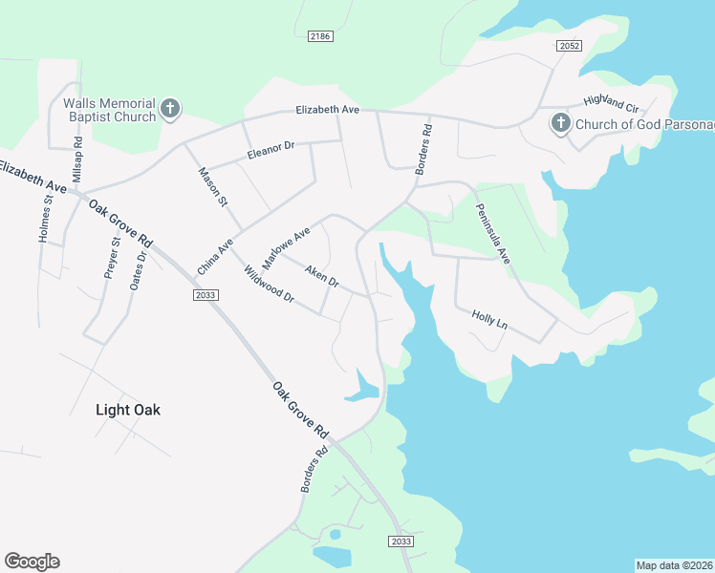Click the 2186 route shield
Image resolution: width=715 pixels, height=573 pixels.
pyautogui.click(x=320, y=36)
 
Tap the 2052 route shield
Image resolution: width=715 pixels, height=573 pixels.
pyautogui.click(x=570, y=46)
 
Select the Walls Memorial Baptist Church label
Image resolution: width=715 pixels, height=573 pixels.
pyautogui.click(x=109, y=110)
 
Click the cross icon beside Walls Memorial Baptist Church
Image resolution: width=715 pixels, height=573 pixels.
pyautogui.click(x=170, y=109)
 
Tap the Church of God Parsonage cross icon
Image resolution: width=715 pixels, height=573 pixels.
pyautogui.click(x=561, y=123)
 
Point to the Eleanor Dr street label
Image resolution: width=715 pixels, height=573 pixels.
pyautogui.click(x=272, y=150)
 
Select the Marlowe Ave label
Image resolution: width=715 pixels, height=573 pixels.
pyautogui.click(x=287, y=246)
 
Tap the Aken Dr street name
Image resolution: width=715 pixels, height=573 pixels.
pyautogui.click(x=322, y=277)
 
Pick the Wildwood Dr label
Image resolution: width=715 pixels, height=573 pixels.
pyautogui.click(x=269, y=286)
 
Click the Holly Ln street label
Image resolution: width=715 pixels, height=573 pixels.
pyautogui.click(x=489, y=319)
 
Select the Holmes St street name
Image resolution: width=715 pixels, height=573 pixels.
pyautogui.click(x=44, y=219)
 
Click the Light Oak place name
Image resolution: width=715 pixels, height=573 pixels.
pyautogui.click(x=128, y=410)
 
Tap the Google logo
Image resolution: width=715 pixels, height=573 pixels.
pyautogui.click(x=32, y=562)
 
